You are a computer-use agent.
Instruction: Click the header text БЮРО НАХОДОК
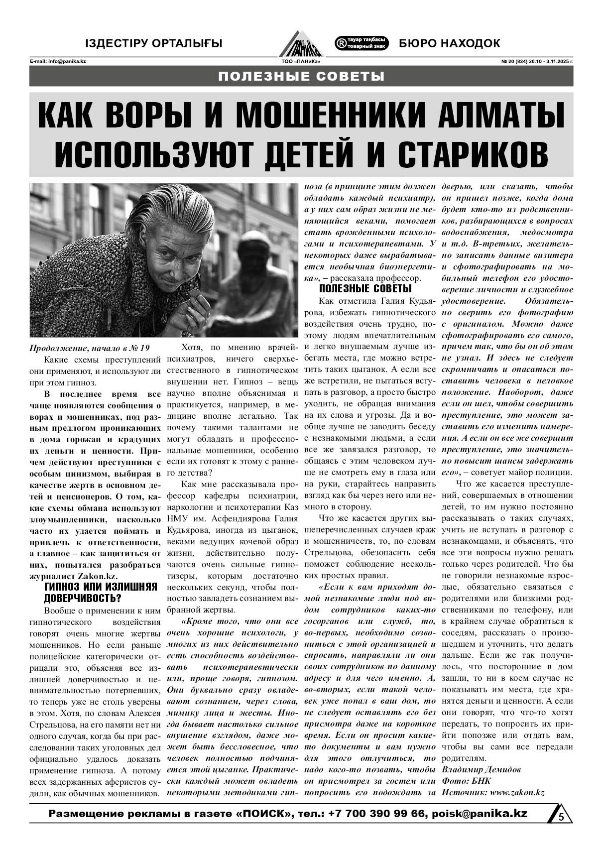pyautogui.click(x=449, y=44)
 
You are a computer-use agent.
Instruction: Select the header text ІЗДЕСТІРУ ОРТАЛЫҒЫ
pyautogui.click(x=154, y=44)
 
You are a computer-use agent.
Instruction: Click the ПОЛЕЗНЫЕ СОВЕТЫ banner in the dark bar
pyautogui.click(x=301, y=77)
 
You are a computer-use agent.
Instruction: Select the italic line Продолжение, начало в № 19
pyautogui.click(x=90, y=348)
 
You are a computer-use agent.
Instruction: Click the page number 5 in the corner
pyautogui.click(x=561, y=817)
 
